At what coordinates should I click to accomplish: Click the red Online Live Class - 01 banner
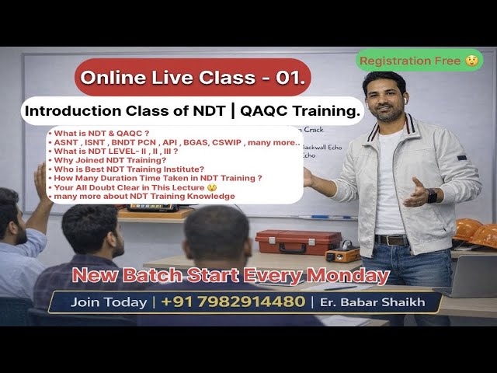pyautogui.click(x=193, y=77)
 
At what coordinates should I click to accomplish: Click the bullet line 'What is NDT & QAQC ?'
pyautogui.click(x=99, y=132)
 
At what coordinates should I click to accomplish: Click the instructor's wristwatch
pyautogui.click(x=432, y=195)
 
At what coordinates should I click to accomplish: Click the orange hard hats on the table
pyautogui.click(x=475, y=233)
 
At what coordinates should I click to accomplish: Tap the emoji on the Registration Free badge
pyautogui.click(x=471, y=61)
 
